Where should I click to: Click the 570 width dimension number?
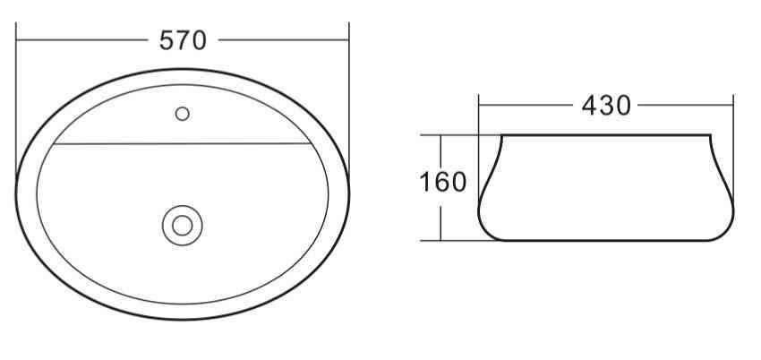(183, 40)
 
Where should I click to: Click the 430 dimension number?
(606, 105)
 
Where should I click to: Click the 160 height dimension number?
(443, 182)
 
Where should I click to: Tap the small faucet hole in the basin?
(183, 114)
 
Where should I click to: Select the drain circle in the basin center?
(183, 225)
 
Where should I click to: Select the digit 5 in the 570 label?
(167, 40)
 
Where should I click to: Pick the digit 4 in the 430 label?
(590, 105)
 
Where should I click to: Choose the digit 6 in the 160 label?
(443, 182)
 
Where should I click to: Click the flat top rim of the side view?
(606, 135)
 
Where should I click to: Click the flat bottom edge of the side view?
(606, 240)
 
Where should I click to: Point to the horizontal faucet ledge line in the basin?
(183, 143)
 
